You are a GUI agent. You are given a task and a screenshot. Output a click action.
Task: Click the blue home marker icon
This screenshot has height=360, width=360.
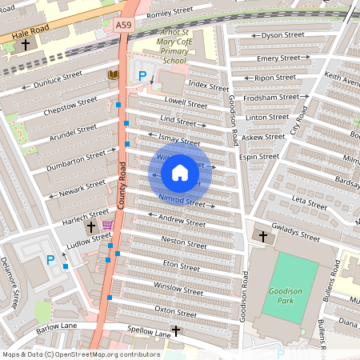pyautogui.click(x=180, y=172)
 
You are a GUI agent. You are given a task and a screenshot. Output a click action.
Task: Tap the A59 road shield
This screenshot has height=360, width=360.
pyautogui.click(x=122, y=26)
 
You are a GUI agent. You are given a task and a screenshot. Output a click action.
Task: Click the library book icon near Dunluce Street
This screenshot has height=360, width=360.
pyautogui.click(x=114, y=75)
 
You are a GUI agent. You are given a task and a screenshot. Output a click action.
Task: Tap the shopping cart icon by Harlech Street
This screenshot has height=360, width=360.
pyautogui.click(x=107, y=225)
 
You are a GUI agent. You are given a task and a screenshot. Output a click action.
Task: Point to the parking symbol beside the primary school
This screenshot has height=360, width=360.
pyautogui.click(x=143, y=76)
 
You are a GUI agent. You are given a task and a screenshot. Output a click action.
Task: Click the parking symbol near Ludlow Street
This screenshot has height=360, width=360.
pyautogui.click(x=50, y=259)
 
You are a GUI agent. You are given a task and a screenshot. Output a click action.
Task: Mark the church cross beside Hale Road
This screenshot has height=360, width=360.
pyautogui.click(x=25, y=45)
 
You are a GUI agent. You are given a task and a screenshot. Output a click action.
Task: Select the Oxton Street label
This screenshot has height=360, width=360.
pyautogui.click(x=176, y=313)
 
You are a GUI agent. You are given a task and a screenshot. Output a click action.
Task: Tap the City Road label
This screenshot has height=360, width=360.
pyautogui.click(x=298, y=119)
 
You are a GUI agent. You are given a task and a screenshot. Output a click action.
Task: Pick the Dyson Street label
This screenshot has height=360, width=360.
pyautogui.click(x=283, y=35)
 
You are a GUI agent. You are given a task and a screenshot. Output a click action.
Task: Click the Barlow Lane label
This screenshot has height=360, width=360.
pyautogui.click(x=57, y=326)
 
